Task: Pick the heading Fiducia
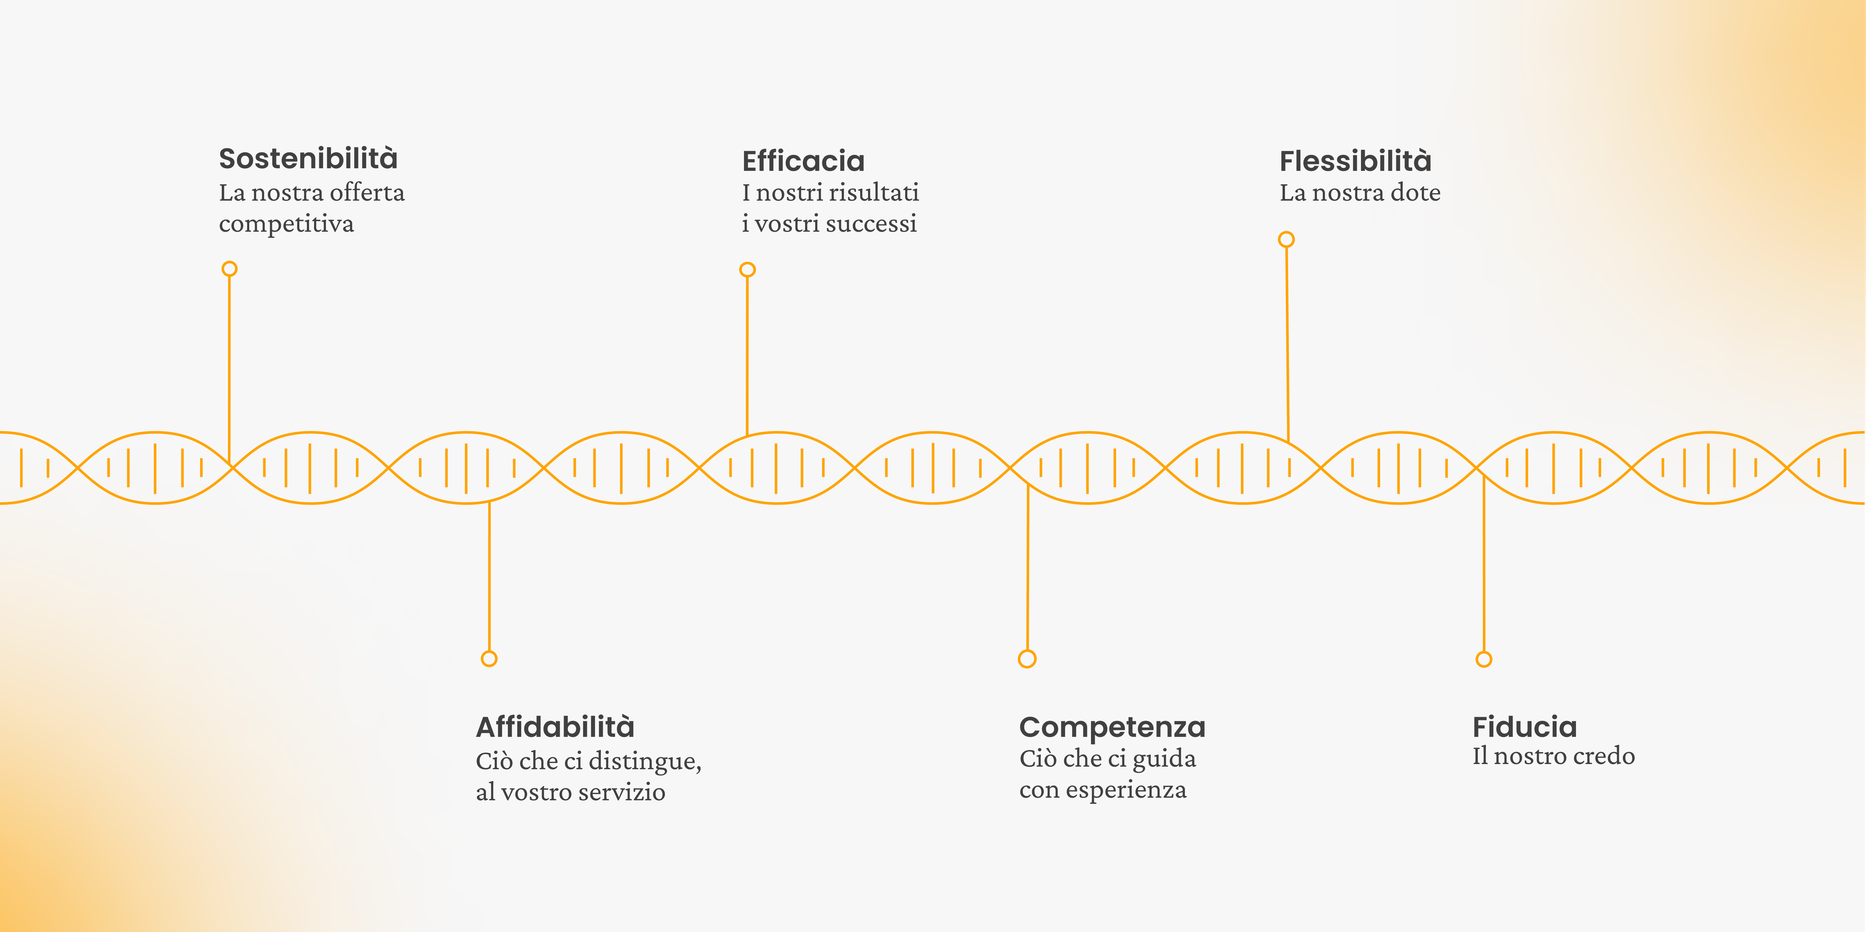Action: [1524, 726]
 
